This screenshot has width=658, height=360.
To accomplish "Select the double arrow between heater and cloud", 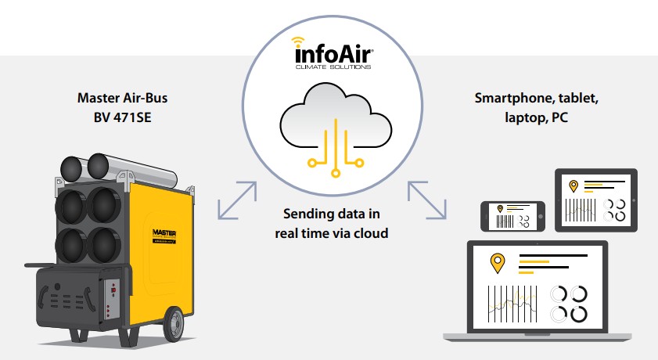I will click(x=237, y=200).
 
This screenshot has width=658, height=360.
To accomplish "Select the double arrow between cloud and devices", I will click(x=426, y=200).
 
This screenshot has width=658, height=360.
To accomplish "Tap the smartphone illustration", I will click(x=513, y=214).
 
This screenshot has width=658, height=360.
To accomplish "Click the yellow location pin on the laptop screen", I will click(x=495, y=264).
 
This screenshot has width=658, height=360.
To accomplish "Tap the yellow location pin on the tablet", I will click(x=574, y=186).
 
